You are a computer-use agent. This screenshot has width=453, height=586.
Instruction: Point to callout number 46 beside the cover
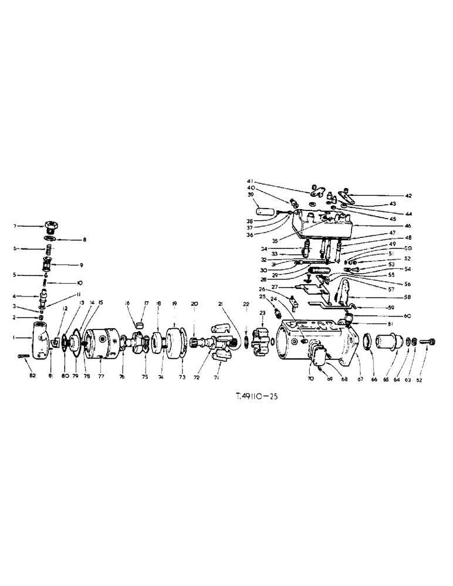click(x=391, y=225)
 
